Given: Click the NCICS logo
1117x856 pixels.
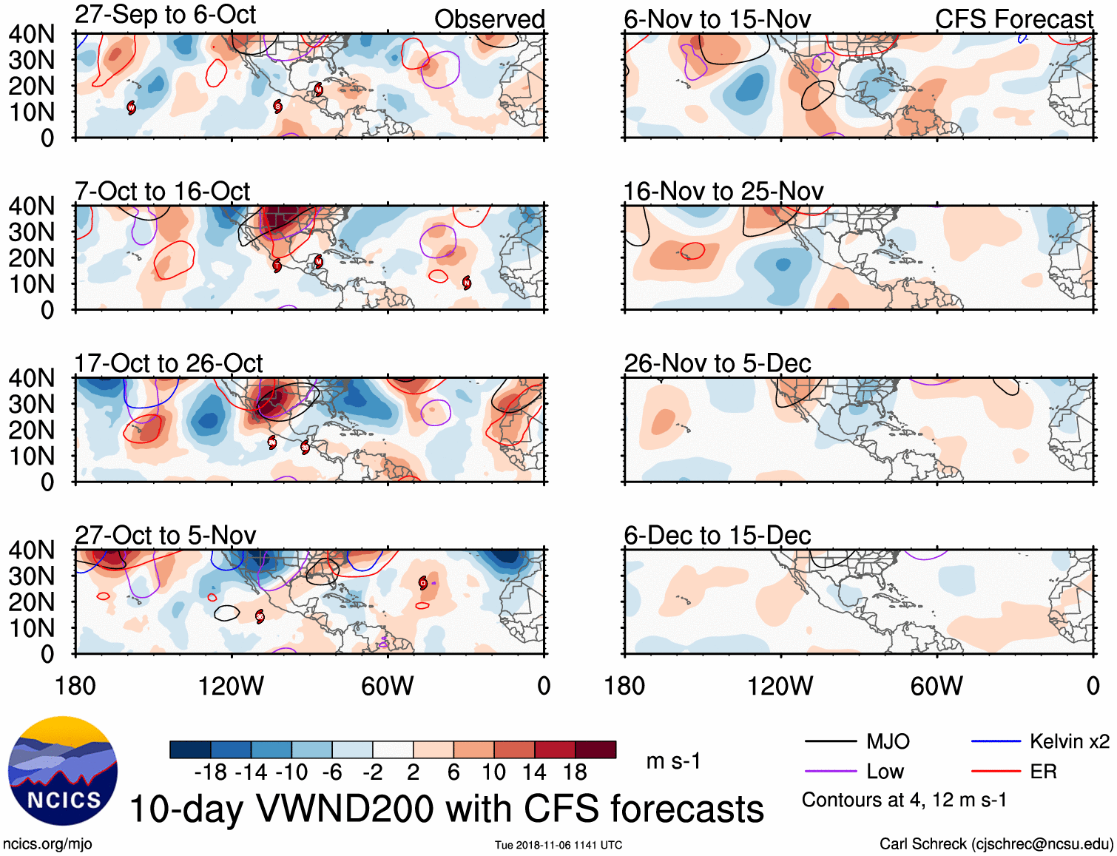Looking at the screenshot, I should point(63,770).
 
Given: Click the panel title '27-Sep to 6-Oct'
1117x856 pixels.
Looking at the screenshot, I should point(165,15).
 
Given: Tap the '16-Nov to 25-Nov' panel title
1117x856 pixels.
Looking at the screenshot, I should point(723,192).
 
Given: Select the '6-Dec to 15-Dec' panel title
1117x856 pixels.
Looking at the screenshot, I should point(717,535).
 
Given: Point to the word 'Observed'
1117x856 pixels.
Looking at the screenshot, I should point(489,19).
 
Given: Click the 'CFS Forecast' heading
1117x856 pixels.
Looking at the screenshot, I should point(1013,19).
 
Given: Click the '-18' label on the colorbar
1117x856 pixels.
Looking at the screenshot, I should point(211,772).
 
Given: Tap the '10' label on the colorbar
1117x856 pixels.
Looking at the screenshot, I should point(493,772).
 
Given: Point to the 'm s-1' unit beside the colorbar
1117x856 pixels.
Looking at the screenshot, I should point(673,761).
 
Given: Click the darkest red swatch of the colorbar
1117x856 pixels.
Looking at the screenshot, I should point(595,749).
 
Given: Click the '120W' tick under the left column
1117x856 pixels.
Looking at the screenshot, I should point(231,686).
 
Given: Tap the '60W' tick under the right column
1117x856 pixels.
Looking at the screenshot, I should point(937,686).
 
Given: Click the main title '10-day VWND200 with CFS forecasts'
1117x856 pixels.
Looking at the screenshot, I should point(446,809).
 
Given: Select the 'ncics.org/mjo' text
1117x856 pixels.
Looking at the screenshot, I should point(47,844).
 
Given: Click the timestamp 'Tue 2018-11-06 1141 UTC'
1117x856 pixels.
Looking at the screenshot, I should point(558,845).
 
